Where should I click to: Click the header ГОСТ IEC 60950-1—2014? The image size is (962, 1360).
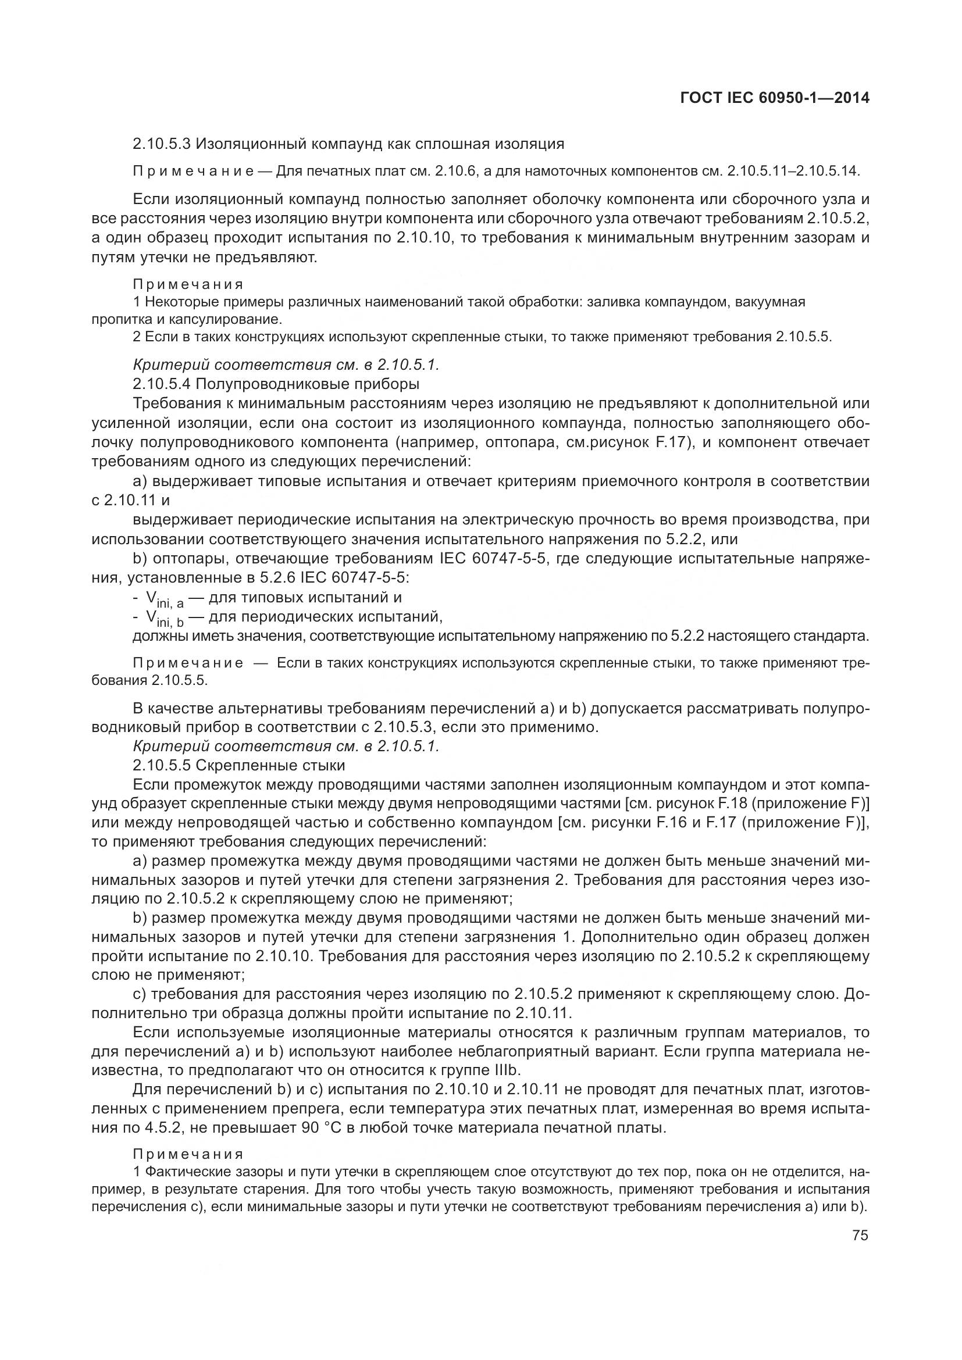tap(775, 98)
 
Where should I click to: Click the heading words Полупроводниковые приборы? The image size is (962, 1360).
tap(308, 384)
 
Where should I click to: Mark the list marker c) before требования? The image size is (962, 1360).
tap(140, 994)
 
